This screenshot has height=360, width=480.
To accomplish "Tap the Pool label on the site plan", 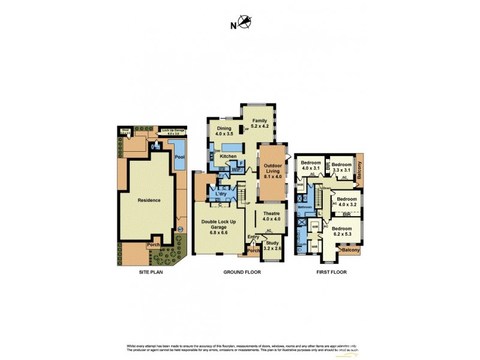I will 179,157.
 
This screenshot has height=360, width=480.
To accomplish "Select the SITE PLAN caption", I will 148,272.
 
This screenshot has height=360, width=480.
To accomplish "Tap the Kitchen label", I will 229,157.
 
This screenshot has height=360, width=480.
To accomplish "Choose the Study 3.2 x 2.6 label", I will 272,245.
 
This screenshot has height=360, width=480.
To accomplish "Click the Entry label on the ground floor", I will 253,237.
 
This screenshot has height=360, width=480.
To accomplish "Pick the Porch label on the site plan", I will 153,245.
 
